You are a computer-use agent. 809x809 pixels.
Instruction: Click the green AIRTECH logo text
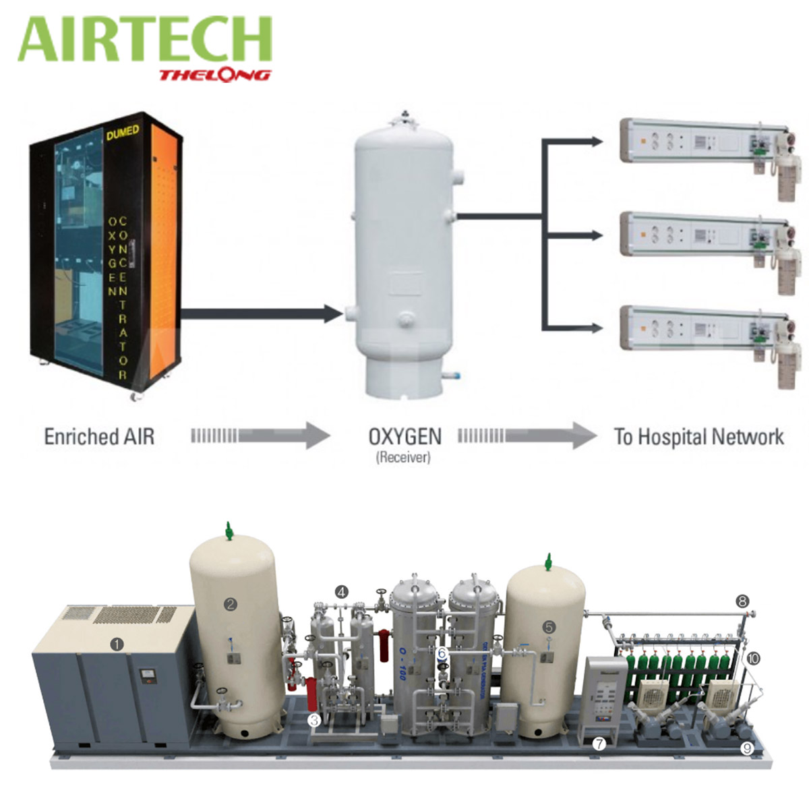tap(145, 40)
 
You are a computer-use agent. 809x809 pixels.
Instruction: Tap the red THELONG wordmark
tap(214, 74)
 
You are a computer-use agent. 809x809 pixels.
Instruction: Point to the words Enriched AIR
tap(99, 436)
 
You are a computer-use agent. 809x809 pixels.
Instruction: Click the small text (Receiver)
tap(403, 458)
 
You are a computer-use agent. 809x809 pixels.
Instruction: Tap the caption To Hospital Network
tap(698, 437)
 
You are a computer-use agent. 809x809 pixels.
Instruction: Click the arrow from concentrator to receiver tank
tap(263, 313)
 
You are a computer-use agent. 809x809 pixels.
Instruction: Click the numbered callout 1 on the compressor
tap(119, 644)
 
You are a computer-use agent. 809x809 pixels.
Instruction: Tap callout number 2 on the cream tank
tap(231, 604)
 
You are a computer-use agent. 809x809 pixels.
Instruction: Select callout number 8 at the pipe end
tap(742, 601)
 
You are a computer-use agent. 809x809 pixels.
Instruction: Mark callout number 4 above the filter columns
tap(342, 592)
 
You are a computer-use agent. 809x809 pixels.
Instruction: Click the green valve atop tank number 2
tap(230, 531)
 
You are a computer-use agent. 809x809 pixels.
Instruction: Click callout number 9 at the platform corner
tap(746, 748)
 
